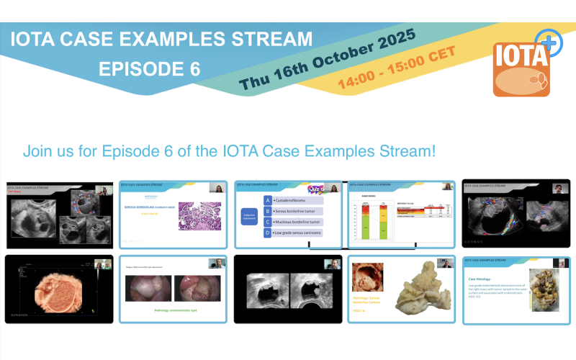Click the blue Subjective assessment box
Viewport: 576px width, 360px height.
tap(249, 216)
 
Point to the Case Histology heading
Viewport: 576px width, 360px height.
tap(483, 279)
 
